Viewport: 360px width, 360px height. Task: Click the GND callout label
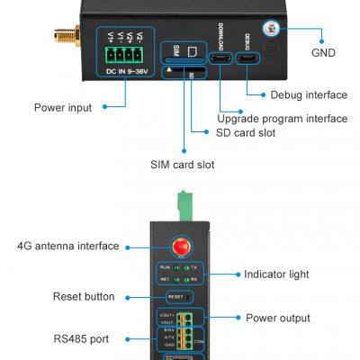[323, 53]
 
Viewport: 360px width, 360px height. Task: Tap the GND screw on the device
[270, 29]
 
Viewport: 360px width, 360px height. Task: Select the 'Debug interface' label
[308, 94]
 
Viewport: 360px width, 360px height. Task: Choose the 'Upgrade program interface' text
[282, 119]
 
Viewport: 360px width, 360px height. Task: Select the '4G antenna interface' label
[67, 246]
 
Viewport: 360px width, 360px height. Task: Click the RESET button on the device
[176, 296]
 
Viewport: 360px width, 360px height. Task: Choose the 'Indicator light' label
[278, 274]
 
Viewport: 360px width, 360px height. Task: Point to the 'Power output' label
[277, 318]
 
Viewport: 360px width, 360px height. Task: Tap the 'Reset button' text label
[84, 296]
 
